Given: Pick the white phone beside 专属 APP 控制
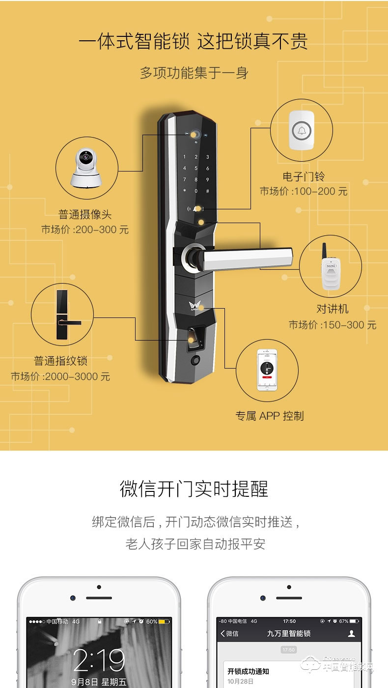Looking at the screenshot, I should point(268,369).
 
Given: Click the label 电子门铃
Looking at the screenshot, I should point(303,176).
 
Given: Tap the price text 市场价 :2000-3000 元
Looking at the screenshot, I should point(60,377).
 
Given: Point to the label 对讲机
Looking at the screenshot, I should point(332,309).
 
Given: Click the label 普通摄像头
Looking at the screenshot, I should point(85,215).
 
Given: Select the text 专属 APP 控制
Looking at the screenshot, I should point(270,416).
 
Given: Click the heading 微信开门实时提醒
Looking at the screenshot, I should point(194,489).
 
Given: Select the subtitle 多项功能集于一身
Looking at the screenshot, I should point(194,73).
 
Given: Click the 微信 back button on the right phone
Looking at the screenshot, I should point(229,633).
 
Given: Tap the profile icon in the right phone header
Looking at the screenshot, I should point(351,633).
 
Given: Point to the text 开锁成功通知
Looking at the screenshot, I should point(248,671).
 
